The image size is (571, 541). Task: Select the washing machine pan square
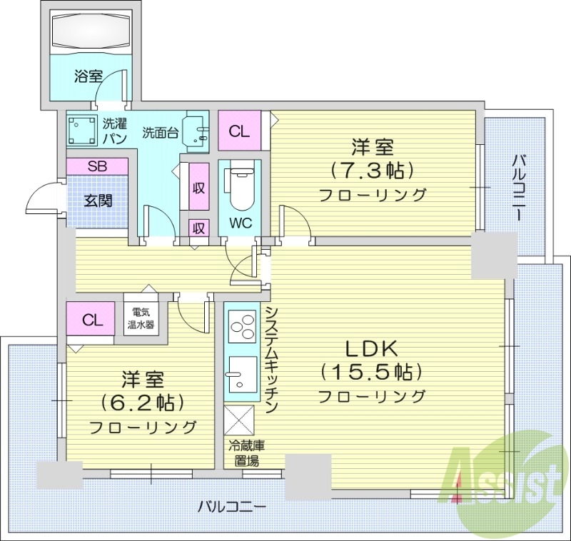pyautogui.click(x=82, y=130)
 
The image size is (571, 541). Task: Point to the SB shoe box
pyautogui.click(x=98, y=166)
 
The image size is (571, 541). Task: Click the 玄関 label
pyautogui.click(x=98, y=201)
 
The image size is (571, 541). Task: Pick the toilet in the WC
pyautogui.click(x=240, y=187)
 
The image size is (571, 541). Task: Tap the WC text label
pyautogui.click(x=240, y=223)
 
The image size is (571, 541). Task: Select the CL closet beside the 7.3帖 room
pyautogui.click(x=239, y=131)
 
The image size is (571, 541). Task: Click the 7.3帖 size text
pyautogui.click(x=372, y=171)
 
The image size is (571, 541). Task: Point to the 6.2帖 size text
pyautogui.click(x=143, y=402)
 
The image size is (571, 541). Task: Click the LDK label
pyautogui.click(x=371, y=349)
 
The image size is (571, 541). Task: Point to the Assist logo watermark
pyautogui.click(x=503, y=477)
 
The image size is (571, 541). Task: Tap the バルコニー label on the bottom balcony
pyautogui.click(x=231, y=507)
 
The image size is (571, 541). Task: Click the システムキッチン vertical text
pyautogui.click(x=271, y=360)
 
